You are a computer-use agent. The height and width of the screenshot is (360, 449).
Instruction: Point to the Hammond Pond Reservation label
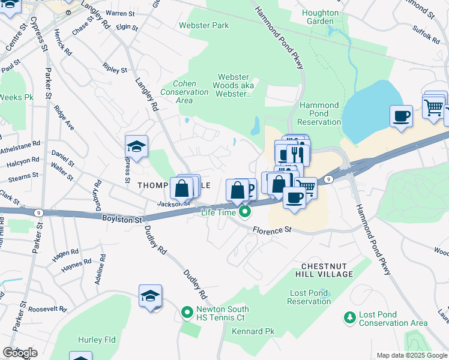click(x=319, y=113)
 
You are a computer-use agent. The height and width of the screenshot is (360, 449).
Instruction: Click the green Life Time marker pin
click(x=244, y=212)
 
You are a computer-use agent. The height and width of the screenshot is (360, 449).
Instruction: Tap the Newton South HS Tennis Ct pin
click(x=187, y=313)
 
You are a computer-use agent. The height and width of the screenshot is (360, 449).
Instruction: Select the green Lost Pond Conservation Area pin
click(x=349, y=316)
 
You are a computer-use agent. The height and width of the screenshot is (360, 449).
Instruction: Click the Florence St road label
click(x=271, y=230)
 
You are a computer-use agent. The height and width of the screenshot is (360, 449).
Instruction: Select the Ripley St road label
click(x=115, y=69)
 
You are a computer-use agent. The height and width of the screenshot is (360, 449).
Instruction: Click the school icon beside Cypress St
click(x=136, y=147)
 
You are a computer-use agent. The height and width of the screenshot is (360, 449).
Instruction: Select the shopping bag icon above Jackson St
click(x=181, y=188)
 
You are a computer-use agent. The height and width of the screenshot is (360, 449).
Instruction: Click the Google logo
click(x=20, y=353)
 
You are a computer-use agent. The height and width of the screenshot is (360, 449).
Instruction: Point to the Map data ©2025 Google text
click(x=411, y=355)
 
